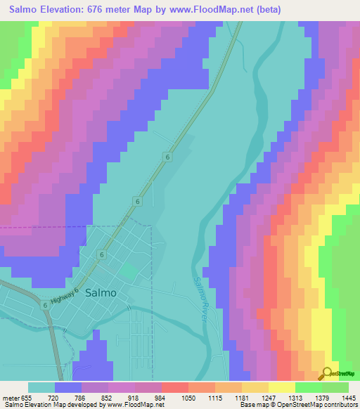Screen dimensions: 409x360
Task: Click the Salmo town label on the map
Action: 101,294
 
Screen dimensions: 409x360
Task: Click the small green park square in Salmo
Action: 129,271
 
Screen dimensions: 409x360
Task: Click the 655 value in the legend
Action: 27,397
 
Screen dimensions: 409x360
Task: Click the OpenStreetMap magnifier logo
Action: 326,374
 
